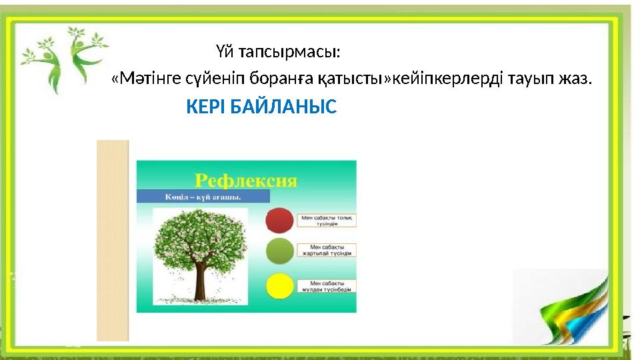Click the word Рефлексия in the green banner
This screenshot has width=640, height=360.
click(x=245, y=180)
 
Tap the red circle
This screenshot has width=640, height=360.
click(x=279, y=219)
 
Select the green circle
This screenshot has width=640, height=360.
click(x=279, y=251)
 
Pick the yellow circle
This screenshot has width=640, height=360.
click(x=279, y=287)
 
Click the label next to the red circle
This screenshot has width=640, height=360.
click(x=328, y=220)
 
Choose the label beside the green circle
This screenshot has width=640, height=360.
click(x=328, y=250)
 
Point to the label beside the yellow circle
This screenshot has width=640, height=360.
click(x=328, y=286)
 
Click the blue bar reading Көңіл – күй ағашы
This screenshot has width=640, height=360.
click(x=203, y=197)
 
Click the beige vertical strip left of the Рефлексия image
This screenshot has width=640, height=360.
click(x=113, y=240)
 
